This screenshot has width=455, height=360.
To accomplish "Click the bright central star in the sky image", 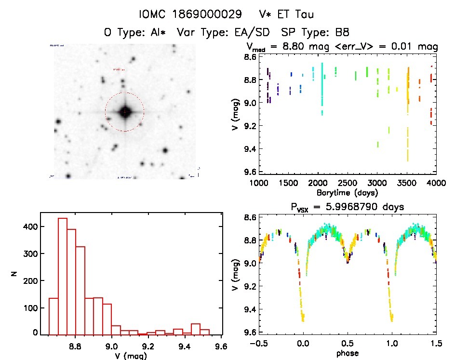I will (124, 112).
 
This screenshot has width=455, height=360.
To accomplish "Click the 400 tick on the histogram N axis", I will (29, 227).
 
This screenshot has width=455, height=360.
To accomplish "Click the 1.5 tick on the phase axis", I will (436, 344).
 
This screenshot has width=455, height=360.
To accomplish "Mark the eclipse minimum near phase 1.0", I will (391, 319).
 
